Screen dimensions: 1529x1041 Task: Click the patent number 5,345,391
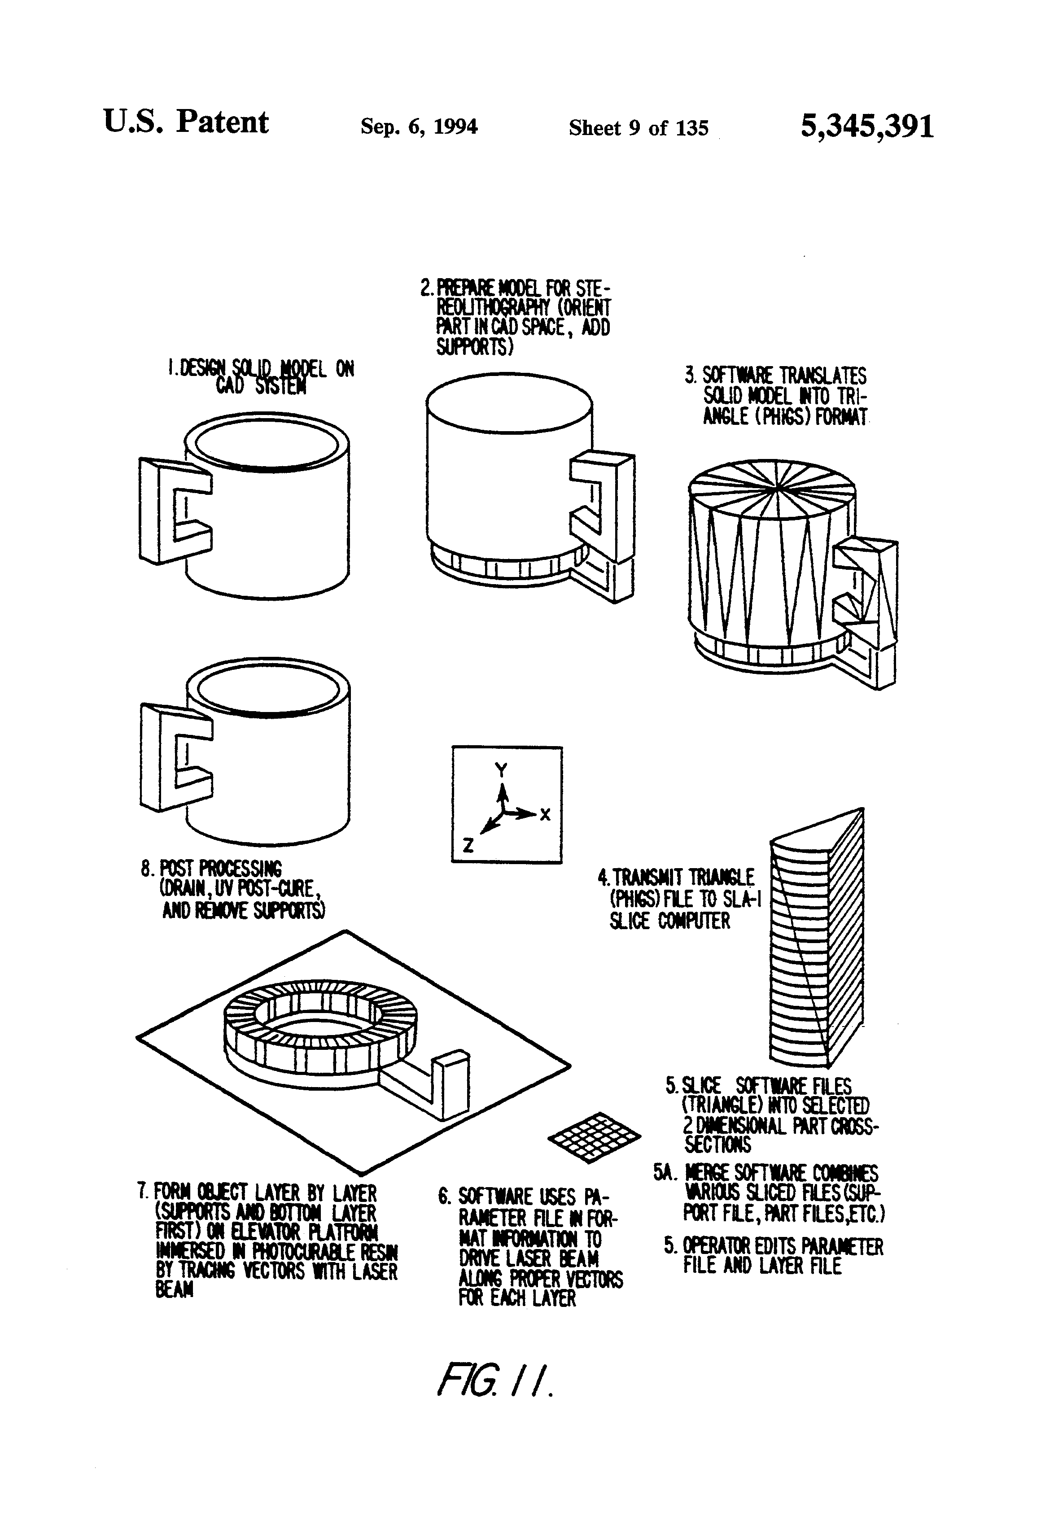pyautogui.click(x=866, y=126)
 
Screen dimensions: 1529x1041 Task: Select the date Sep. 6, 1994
pyautogui.click(x=419, y=126)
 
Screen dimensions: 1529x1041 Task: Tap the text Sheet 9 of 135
pyautogui.click(x=639, y=127)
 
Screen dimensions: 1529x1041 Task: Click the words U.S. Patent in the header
pyautogui.click(x=186, y=122)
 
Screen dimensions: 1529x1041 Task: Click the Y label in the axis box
pyautogui.click(x=501, y=770)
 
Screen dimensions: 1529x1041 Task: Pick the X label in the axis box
pyautogui.click(x=545, y=814)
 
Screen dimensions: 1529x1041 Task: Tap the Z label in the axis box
pyautogui.click(x=468, y=845)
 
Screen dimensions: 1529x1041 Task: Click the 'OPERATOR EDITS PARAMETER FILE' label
pyautogui.click(x=773, y=1255)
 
